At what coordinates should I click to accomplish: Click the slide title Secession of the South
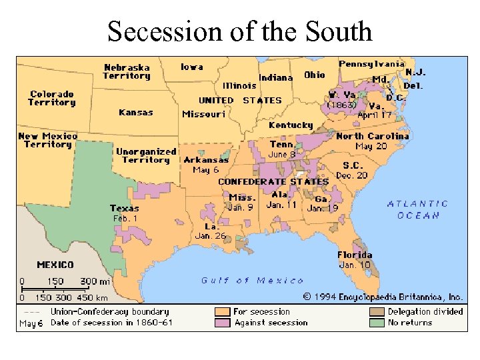[240, 31]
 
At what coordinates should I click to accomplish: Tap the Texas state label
[125, 208]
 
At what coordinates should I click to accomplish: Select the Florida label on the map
[355, 255]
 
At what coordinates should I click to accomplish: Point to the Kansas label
[136, 113]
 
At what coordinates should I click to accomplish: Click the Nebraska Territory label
[127, 71]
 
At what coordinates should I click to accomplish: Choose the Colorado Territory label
[51, 99]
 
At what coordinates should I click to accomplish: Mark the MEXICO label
[55, 265]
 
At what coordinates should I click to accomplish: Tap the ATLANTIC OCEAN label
[418, 209]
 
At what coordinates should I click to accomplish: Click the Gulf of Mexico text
[253, 281]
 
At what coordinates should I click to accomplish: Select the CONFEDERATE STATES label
[273, 181]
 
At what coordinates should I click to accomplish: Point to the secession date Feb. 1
[125, 218]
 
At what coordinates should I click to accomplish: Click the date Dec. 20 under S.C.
[351, 175]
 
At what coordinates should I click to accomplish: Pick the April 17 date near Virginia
[375, 115]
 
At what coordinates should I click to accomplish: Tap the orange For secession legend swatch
[223, 311]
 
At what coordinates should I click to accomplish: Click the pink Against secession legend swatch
[223, 323]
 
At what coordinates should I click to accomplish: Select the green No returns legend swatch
[377, 323]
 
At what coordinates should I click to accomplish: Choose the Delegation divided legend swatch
[377, 311]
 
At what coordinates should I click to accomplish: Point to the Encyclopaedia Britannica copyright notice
[383, 297]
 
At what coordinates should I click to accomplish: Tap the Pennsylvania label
[371, 64]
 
